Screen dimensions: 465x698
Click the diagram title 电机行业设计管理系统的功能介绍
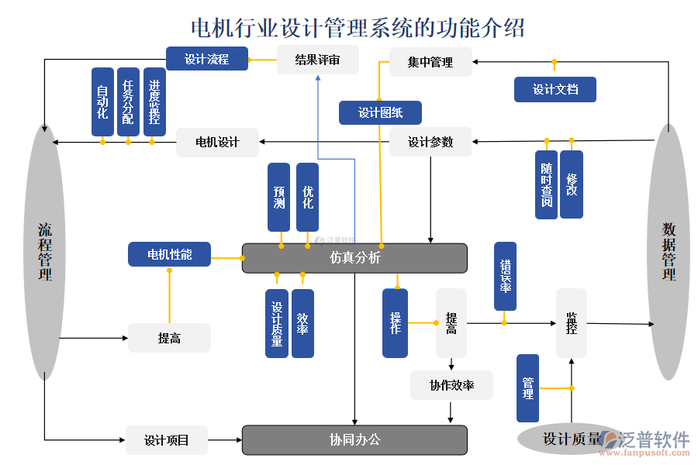click(358, 28)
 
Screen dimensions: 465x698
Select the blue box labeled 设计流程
click(207, 59)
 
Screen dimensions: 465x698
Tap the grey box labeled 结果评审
click(318, 60)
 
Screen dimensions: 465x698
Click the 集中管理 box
click(430, 62)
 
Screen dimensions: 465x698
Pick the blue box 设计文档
click(555, 89)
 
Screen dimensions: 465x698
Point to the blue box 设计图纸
click(380, 113)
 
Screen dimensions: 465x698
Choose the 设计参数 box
click(430, 142)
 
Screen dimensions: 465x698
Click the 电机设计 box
click(217, 142)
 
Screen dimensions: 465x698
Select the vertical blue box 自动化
click(102, 102)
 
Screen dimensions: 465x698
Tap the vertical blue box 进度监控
click(154, 102)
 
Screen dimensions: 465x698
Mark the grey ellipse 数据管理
click(669, 252)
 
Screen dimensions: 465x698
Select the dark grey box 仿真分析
click(354, 258)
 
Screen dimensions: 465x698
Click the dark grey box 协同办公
click(354, 439)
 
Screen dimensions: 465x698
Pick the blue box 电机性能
click(169, 254)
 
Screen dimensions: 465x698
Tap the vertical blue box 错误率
click(505, 277)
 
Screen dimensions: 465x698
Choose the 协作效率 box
click(451, 385)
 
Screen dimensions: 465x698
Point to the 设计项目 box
click(167, 440)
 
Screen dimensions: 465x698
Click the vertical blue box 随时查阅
click(547, 184)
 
